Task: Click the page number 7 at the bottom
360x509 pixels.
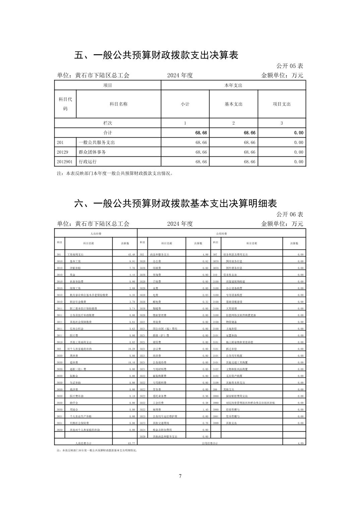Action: click(180, 476)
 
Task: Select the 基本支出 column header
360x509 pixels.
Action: click(233, 104)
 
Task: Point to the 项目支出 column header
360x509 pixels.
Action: click(282, 104)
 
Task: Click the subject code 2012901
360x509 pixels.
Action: click(64, 162)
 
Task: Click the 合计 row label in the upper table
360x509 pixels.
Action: click(108, 133)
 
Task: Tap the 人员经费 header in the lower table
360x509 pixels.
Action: click(96, 233)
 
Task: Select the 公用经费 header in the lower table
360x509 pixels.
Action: click(222, 233)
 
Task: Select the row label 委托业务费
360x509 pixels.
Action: click(160, 396)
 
